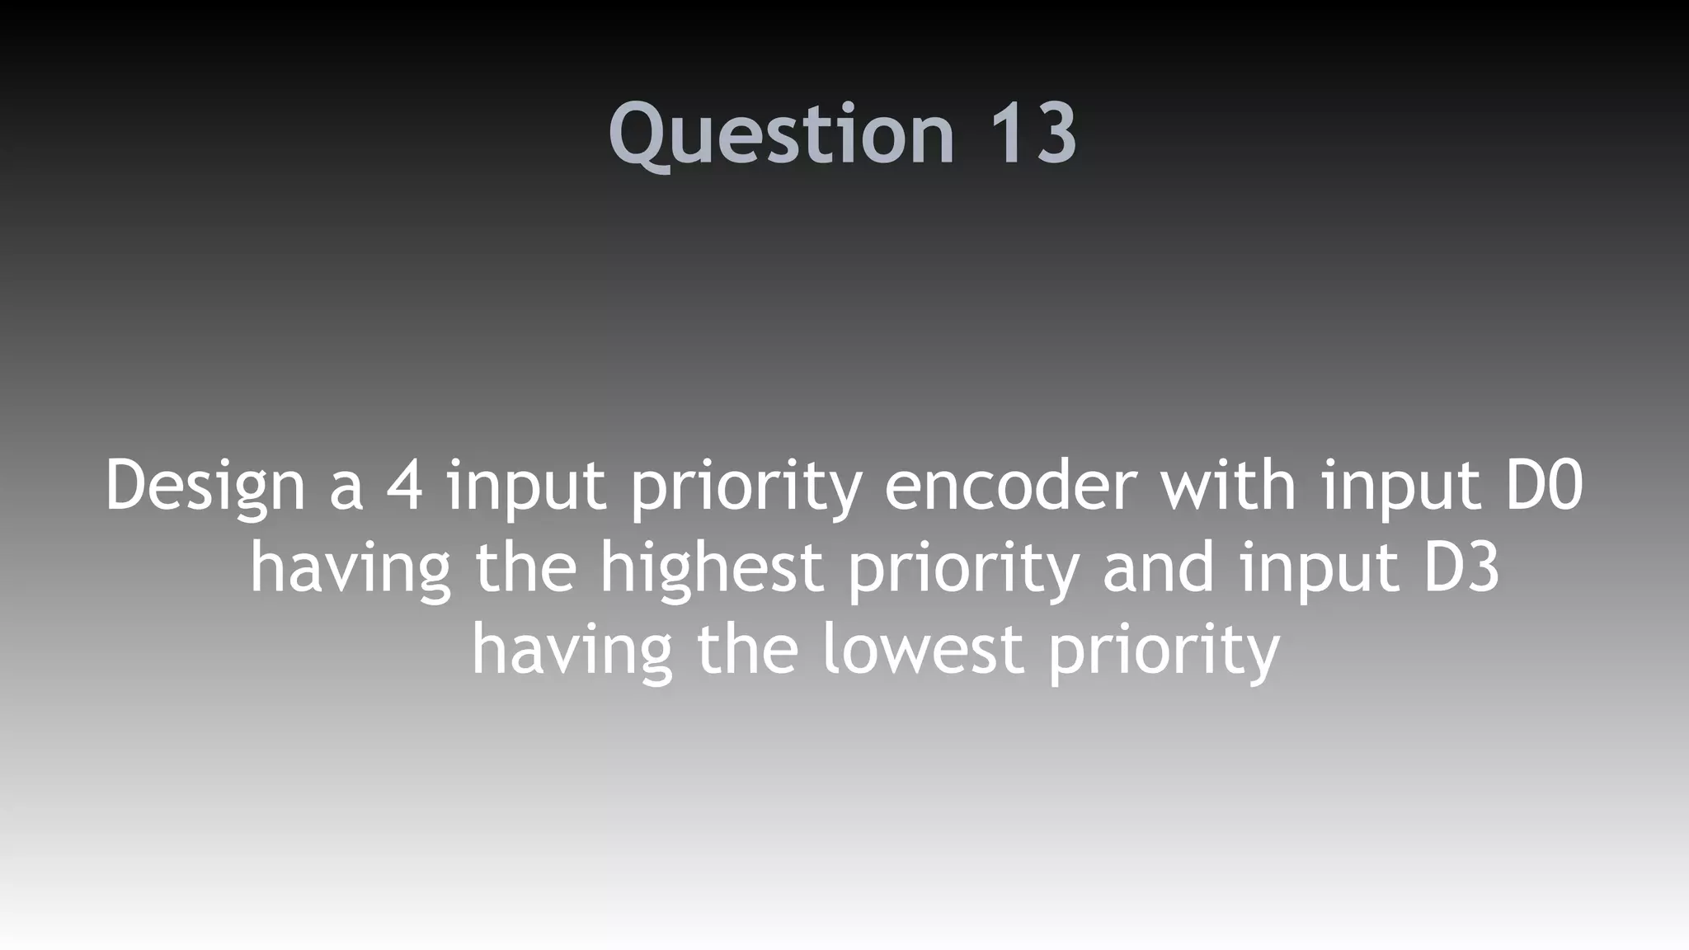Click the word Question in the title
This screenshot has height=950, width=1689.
tap(780, 134)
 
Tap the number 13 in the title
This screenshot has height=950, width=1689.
tap(1032, 134)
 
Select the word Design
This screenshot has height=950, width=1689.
tap(205, 487)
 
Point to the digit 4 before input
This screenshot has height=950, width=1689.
tap(404, 487)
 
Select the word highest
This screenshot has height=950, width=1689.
tap(712, 569)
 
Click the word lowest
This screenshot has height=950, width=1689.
tap(924, 650)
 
